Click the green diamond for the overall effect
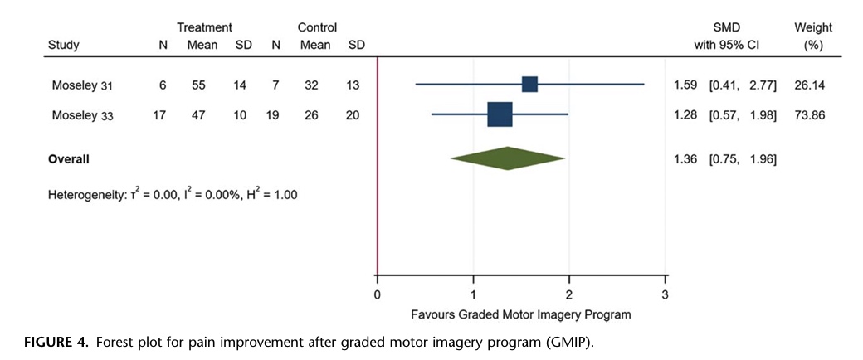(x=507, y=158)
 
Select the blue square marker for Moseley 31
(x=529, y=84)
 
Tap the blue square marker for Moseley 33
(x=500, y=115)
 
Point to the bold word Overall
(x=69, y=158)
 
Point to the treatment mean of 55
(x=201, y=85)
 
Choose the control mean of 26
(x=311, y=116)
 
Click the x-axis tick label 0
(x=378, y=294)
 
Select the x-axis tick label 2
(x=569, y=294)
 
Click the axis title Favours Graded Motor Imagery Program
(x=521, y=315)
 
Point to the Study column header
(x=64, y=46)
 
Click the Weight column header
(x=813, y=28)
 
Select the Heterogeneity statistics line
(x=173, y=195)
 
